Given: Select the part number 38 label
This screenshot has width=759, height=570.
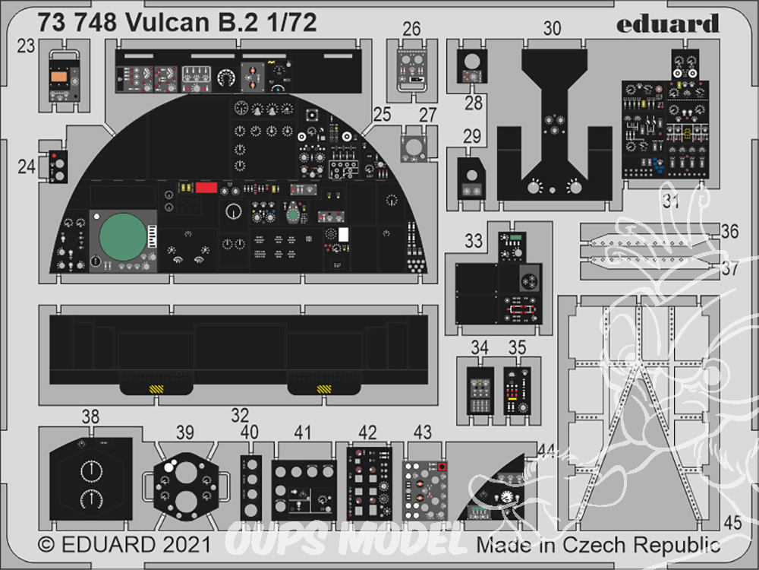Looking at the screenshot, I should coord(90,416).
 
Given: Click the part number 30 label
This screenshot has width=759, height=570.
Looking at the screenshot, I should coord(552,29).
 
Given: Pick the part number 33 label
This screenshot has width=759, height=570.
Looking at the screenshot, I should coord(474,242).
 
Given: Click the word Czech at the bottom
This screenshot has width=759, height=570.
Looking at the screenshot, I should coord(587,545).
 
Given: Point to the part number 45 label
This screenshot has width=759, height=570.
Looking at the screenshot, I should coord(732,523).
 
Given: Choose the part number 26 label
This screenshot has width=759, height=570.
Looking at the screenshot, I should coord(411,30).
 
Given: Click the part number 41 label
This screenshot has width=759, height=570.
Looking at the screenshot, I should coord(303,432).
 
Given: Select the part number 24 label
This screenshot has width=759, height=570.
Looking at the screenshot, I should coord(27,166).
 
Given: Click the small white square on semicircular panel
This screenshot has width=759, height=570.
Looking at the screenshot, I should coord(343,235).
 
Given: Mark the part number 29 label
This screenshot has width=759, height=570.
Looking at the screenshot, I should coord(472,137).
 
